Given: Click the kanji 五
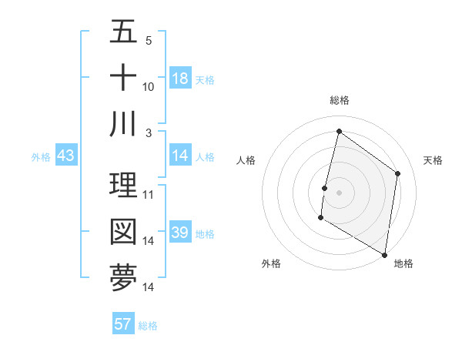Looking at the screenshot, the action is click(123, 32).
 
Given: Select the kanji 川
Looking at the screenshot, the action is click(123, 124).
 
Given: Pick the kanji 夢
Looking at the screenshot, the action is click(123, 278).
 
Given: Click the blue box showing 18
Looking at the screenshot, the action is click(180, 79).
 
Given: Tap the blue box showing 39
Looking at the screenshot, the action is click(180, 233).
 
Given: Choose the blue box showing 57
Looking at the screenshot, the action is click(123, 324).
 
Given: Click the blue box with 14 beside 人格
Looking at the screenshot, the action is click(180, 156).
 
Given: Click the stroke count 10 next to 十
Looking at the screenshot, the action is click(149, 87).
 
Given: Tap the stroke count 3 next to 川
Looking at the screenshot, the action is click(149, 133).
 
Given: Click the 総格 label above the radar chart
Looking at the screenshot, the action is click(339, 100).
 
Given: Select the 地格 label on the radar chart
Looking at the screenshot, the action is click(403, 263).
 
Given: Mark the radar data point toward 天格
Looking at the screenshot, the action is click(398, 173).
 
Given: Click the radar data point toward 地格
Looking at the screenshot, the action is click(384, 254).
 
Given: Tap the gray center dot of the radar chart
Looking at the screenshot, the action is click(339, 193).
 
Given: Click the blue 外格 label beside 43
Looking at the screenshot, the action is click(41, 157).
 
